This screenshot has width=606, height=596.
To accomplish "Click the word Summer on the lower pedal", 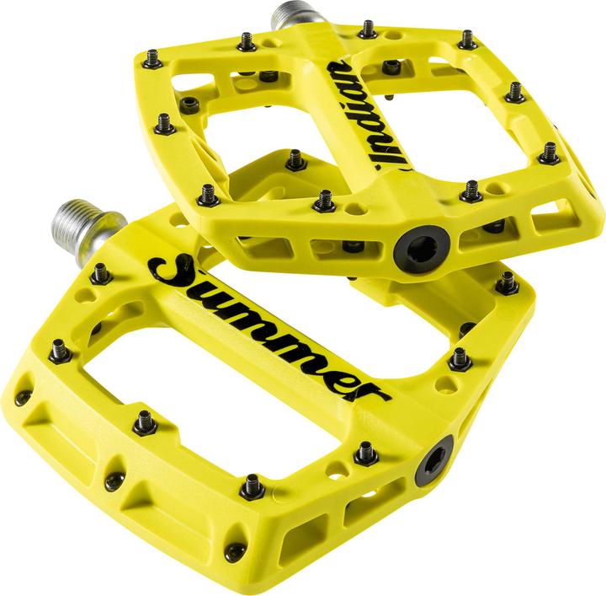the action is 268,328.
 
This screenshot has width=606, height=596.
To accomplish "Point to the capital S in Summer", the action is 169,268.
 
